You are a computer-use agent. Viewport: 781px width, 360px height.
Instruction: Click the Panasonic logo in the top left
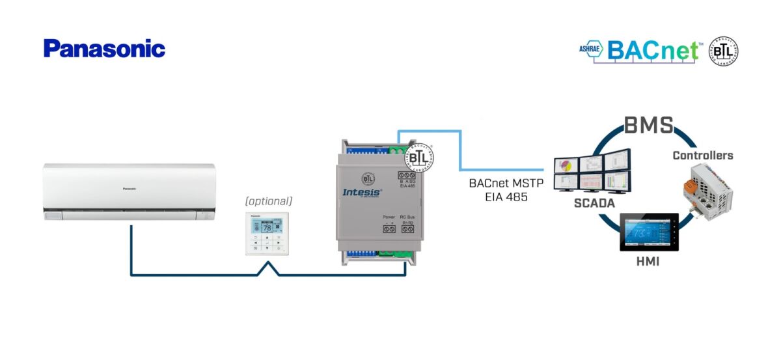[x=104, y=49]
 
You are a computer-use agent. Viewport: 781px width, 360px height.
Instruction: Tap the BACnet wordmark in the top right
[x=653, y=50]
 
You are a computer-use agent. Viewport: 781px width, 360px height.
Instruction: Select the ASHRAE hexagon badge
[x=592, y=49]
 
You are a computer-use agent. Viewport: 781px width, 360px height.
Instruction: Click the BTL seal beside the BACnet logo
[x=723, y=51]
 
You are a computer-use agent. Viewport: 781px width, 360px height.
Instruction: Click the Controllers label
[x=702, y=156]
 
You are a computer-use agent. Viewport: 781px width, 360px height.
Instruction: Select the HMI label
[x=648, y=261]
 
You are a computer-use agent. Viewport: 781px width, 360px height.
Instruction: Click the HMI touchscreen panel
[x=648, y=232]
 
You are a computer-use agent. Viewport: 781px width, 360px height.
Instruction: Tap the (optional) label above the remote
[x=269, y=201]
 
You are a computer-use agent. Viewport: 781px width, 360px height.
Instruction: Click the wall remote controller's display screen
[x=267, y=228]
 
